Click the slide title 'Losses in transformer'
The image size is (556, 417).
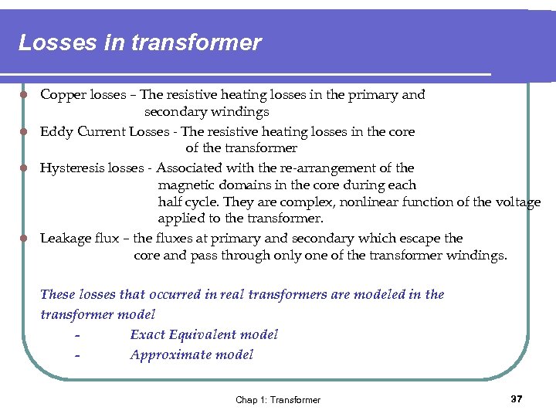(140, 42)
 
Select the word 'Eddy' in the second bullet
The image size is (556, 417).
(55, 131)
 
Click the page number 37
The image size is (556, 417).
(517, 398)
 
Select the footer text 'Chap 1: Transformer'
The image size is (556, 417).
(278, 399)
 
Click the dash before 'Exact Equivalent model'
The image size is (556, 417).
(78, 335)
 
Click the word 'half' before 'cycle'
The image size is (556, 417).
(171, 202)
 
